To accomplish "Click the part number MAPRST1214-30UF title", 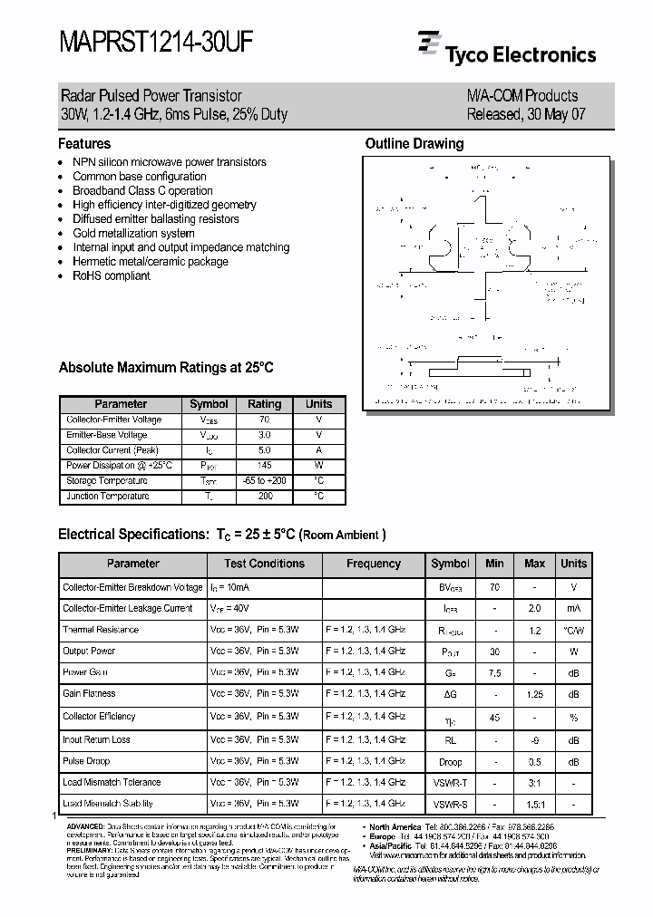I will coord(156,43).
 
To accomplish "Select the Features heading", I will coord(84,143).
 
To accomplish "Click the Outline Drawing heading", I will coord(414,143).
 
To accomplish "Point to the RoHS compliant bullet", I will coord(112,275).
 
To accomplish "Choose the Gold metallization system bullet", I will coord(133,233).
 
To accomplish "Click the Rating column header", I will coord(265,404).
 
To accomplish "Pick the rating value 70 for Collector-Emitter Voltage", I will coord(265,420).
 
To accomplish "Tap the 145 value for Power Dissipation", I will coord(265,466).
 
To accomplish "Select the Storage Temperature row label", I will coord(106,481).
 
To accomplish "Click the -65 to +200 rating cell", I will coord(265,481).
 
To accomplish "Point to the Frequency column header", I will coord(373,564).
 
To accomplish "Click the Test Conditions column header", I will coord(264,564).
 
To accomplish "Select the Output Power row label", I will coord(89,651).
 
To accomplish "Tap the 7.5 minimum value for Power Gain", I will coord(494,672).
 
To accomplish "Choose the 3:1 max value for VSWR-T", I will coord(535,782).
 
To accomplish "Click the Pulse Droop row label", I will coord(86,761).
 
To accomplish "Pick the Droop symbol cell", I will coord(450,761).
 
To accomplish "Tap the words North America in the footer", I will coord(395,826).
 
